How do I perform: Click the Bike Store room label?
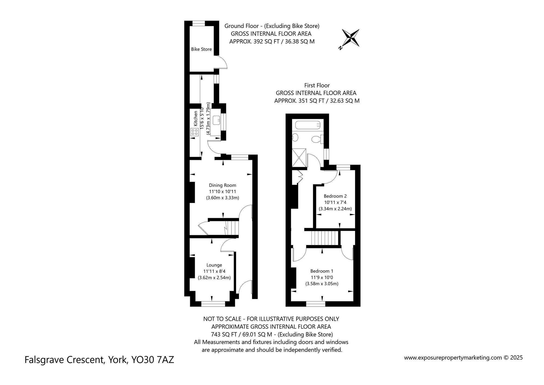coord(201,49)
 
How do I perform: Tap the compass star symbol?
coord(350,38)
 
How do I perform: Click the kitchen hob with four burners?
coord(194,132)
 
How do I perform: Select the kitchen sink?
coord(216,120)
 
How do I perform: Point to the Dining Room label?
coord(222,185)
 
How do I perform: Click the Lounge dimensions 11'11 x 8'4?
coord(214,271)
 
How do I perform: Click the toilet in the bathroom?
coord(317,139)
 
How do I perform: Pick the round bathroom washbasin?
coord(295,137)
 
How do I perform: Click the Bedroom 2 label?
coord(335,196)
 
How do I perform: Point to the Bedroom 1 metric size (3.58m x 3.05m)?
coord(322,284)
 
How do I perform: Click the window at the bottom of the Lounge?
coord(213,304)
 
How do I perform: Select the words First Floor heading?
coord(317,85)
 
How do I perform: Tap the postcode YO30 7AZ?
coord(153,360)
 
